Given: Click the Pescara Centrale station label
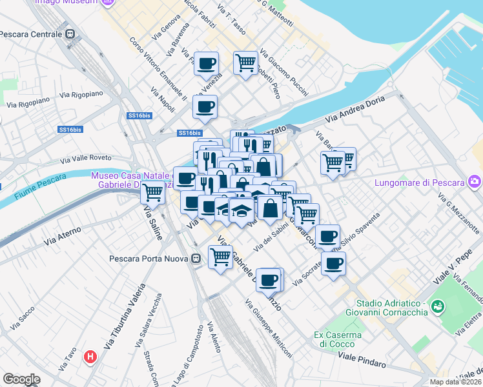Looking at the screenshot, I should [x=31, y=34].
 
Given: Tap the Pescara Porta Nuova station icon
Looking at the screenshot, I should [x=196, y=259].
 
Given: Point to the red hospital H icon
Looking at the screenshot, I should [x=91, y=355].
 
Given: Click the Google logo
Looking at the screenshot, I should [x=21, y=379].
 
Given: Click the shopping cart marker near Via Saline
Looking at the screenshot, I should [x=153, y=192].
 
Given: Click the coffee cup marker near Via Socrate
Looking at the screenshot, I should [x=333, y=263].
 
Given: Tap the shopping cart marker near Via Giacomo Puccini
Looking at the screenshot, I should [x=245, y=63].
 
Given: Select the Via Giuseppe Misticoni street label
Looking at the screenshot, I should [x=269, y=329].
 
